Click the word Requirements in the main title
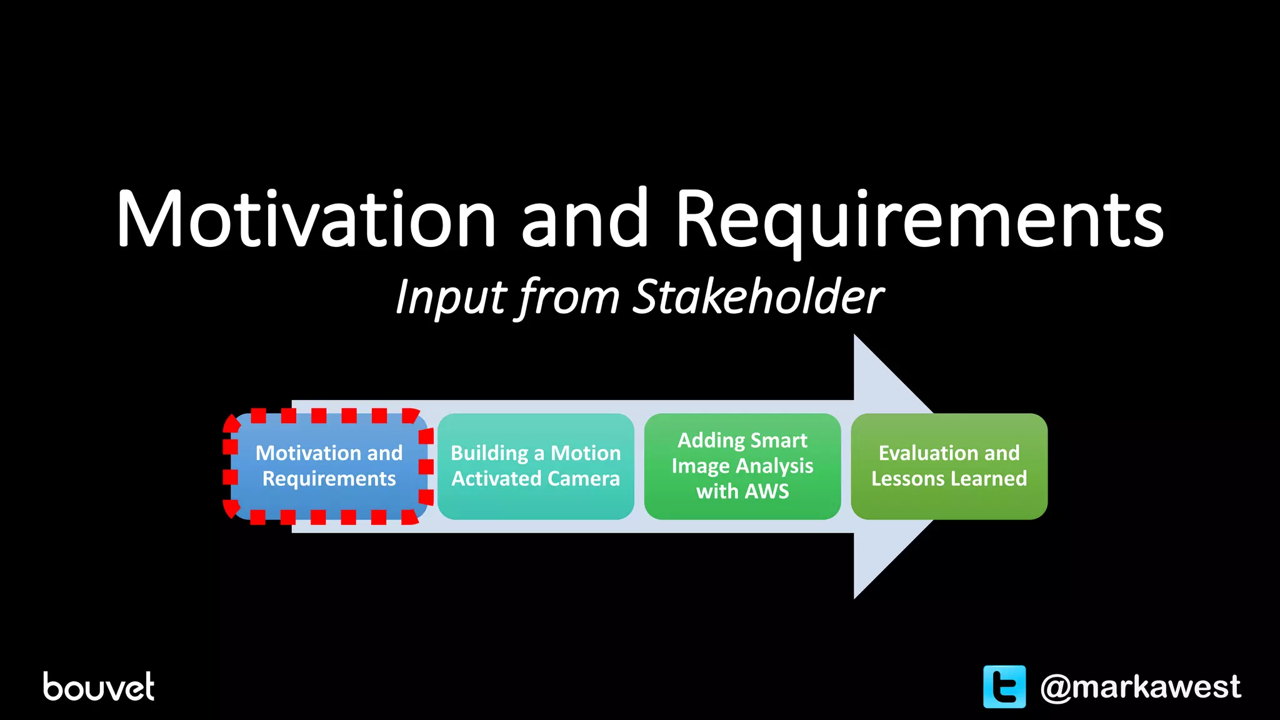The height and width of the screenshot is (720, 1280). tap(919, 219)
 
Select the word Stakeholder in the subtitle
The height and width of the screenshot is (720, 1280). tap(757, 297)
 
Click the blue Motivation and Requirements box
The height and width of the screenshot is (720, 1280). tap(329, 466)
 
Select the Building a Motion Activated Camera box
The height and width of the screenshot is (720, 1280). tap(536, 466)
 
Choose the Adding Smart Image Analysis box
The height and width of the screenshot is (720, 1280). tap(742, 466)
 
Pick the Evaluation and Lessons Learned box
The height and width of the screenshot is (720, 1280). tap(949, 466)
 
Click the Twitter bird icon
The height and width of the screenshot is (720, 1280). tap(1004, 686)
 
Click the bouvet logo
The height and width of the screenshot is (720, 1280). tap(98, 686)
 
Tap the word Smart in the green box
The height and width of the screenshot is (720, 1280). tap(778, 441)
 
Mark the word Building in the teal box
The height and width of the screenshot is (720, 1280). tap(489, 453)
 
